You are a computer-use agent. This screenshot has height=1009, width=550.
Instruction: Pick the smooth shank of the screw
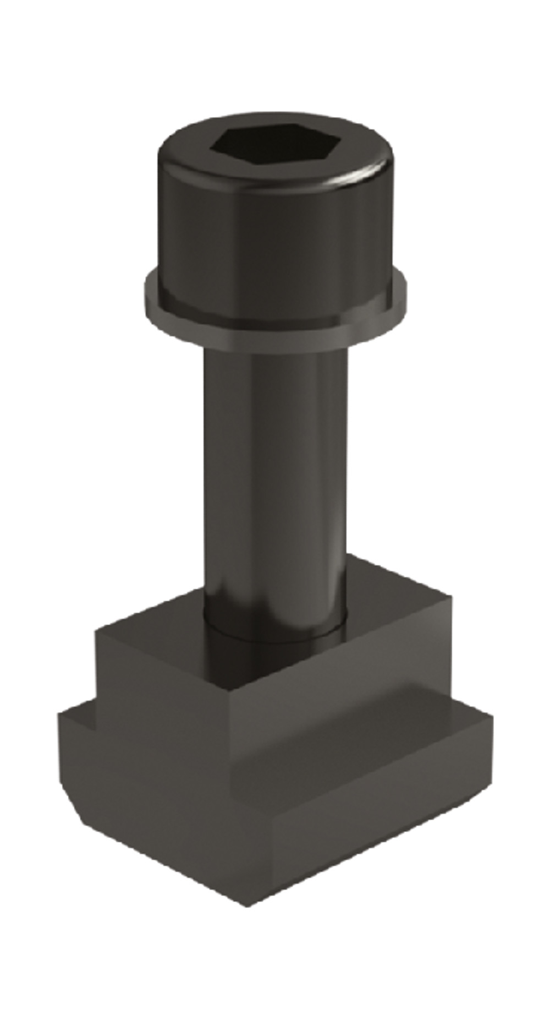(275, 468)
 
